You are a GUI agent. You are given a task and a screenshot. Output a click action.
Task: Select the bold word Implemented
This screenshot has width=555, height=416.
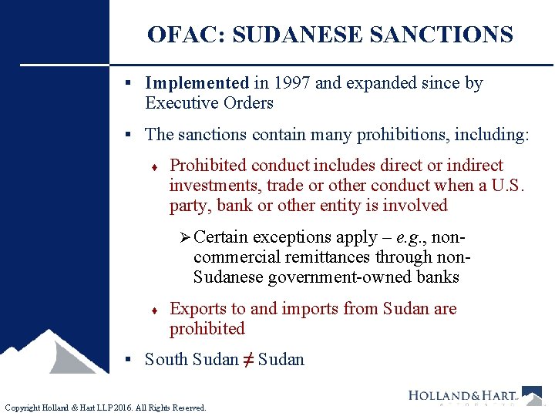197,83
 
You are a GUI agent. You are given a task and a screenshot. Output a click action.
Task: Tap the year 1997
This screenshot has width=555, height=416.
290,83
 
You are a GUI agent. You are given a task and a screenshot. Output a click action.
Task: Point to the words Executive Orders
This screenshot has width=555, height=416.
209,103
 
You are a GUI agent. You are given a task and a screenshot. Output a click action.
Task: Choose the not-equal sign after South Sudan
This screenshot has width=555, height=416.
248,360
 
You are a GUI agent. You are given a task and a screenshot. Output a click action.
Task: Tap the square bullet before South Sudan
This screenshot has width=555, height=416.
133,360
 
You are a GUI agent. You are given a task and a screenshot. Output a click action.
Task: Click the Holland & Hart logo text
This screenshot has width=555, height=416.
462,396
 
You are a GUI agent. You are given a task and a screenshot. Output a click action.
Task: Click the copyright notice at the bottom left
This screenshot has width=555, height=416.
106,408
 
